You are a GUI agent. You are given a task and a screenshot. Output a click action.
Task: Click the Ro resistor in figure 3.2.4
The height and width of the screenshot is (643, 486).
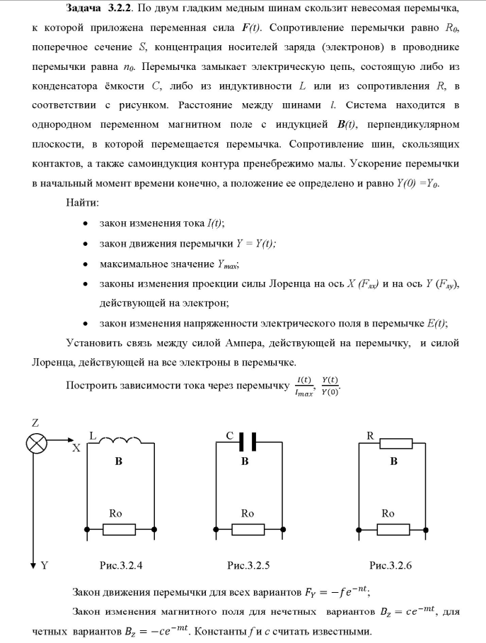pyautogui.click(x=120, y=529)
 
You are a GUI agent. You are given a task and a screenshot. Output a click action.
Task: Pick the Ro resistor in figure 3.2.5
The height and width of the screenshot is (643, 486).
pyautogui.click(x=247, y=529)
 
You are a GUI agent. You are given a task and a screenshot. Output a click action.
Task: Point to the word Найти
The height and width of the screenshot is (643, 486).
pyautogui.click(x=82, y=203)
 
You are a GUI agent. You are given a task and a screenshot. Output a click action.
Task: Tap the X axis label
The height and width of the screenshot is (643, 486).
pyautogui.click(x=76, y=448)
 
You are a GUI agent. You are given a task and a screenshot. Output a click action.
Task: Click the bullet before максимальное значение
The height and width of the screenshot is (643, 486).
pyautogui.click(x=85, y=264)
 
